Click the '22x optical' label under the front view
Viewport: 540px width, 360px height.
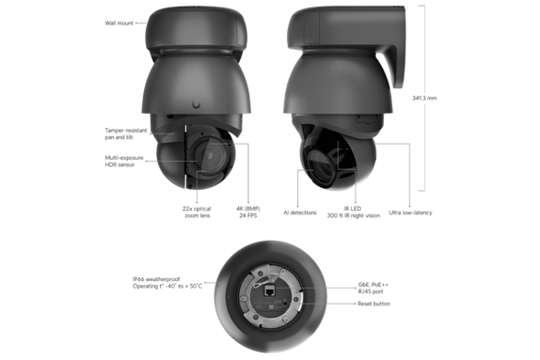coord(195,212)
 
